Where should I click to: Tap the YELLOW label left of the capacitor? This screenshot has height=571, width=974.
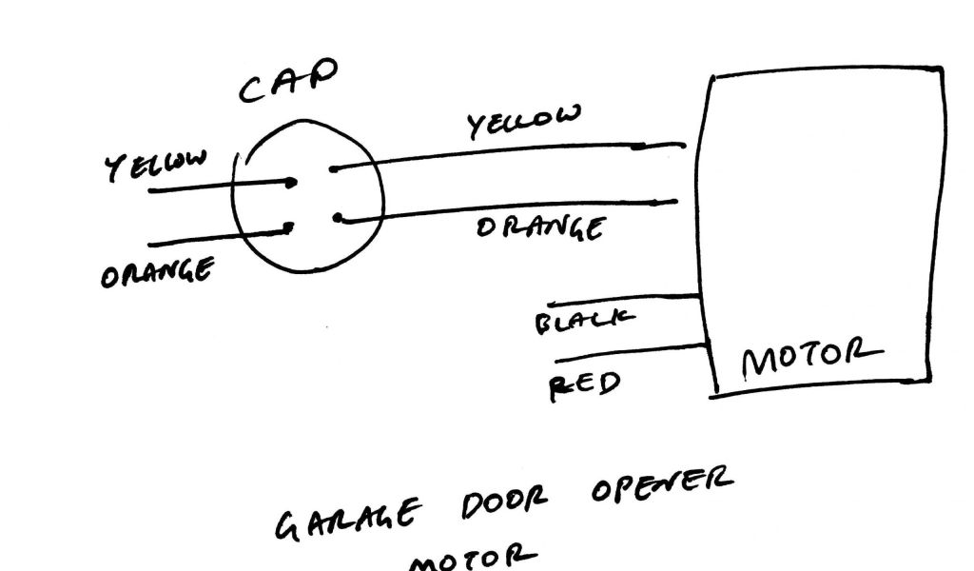pos(154,163)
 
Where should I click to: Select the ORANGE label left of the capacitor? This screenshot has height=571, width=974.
pos(156,270)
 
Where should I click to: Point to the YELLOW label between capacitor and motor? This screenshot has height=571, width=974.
pos(522,123)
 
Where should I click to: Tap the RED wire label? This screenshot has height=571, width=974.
pos(585,384)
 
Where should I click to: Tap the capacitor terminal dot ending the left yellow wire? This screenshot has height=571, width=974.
pos(292,182)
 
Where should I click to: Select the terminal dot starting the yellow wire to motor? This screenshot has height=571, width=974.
pos(332,170)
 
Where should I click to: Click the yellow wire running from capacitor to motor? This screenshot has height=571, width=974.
pos(504,156)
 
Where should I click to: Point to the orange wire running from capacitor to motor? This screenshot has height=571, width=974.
pos(504,209)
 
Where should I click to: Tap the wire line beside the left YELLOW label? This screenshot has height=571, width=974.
pos(219,187)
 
